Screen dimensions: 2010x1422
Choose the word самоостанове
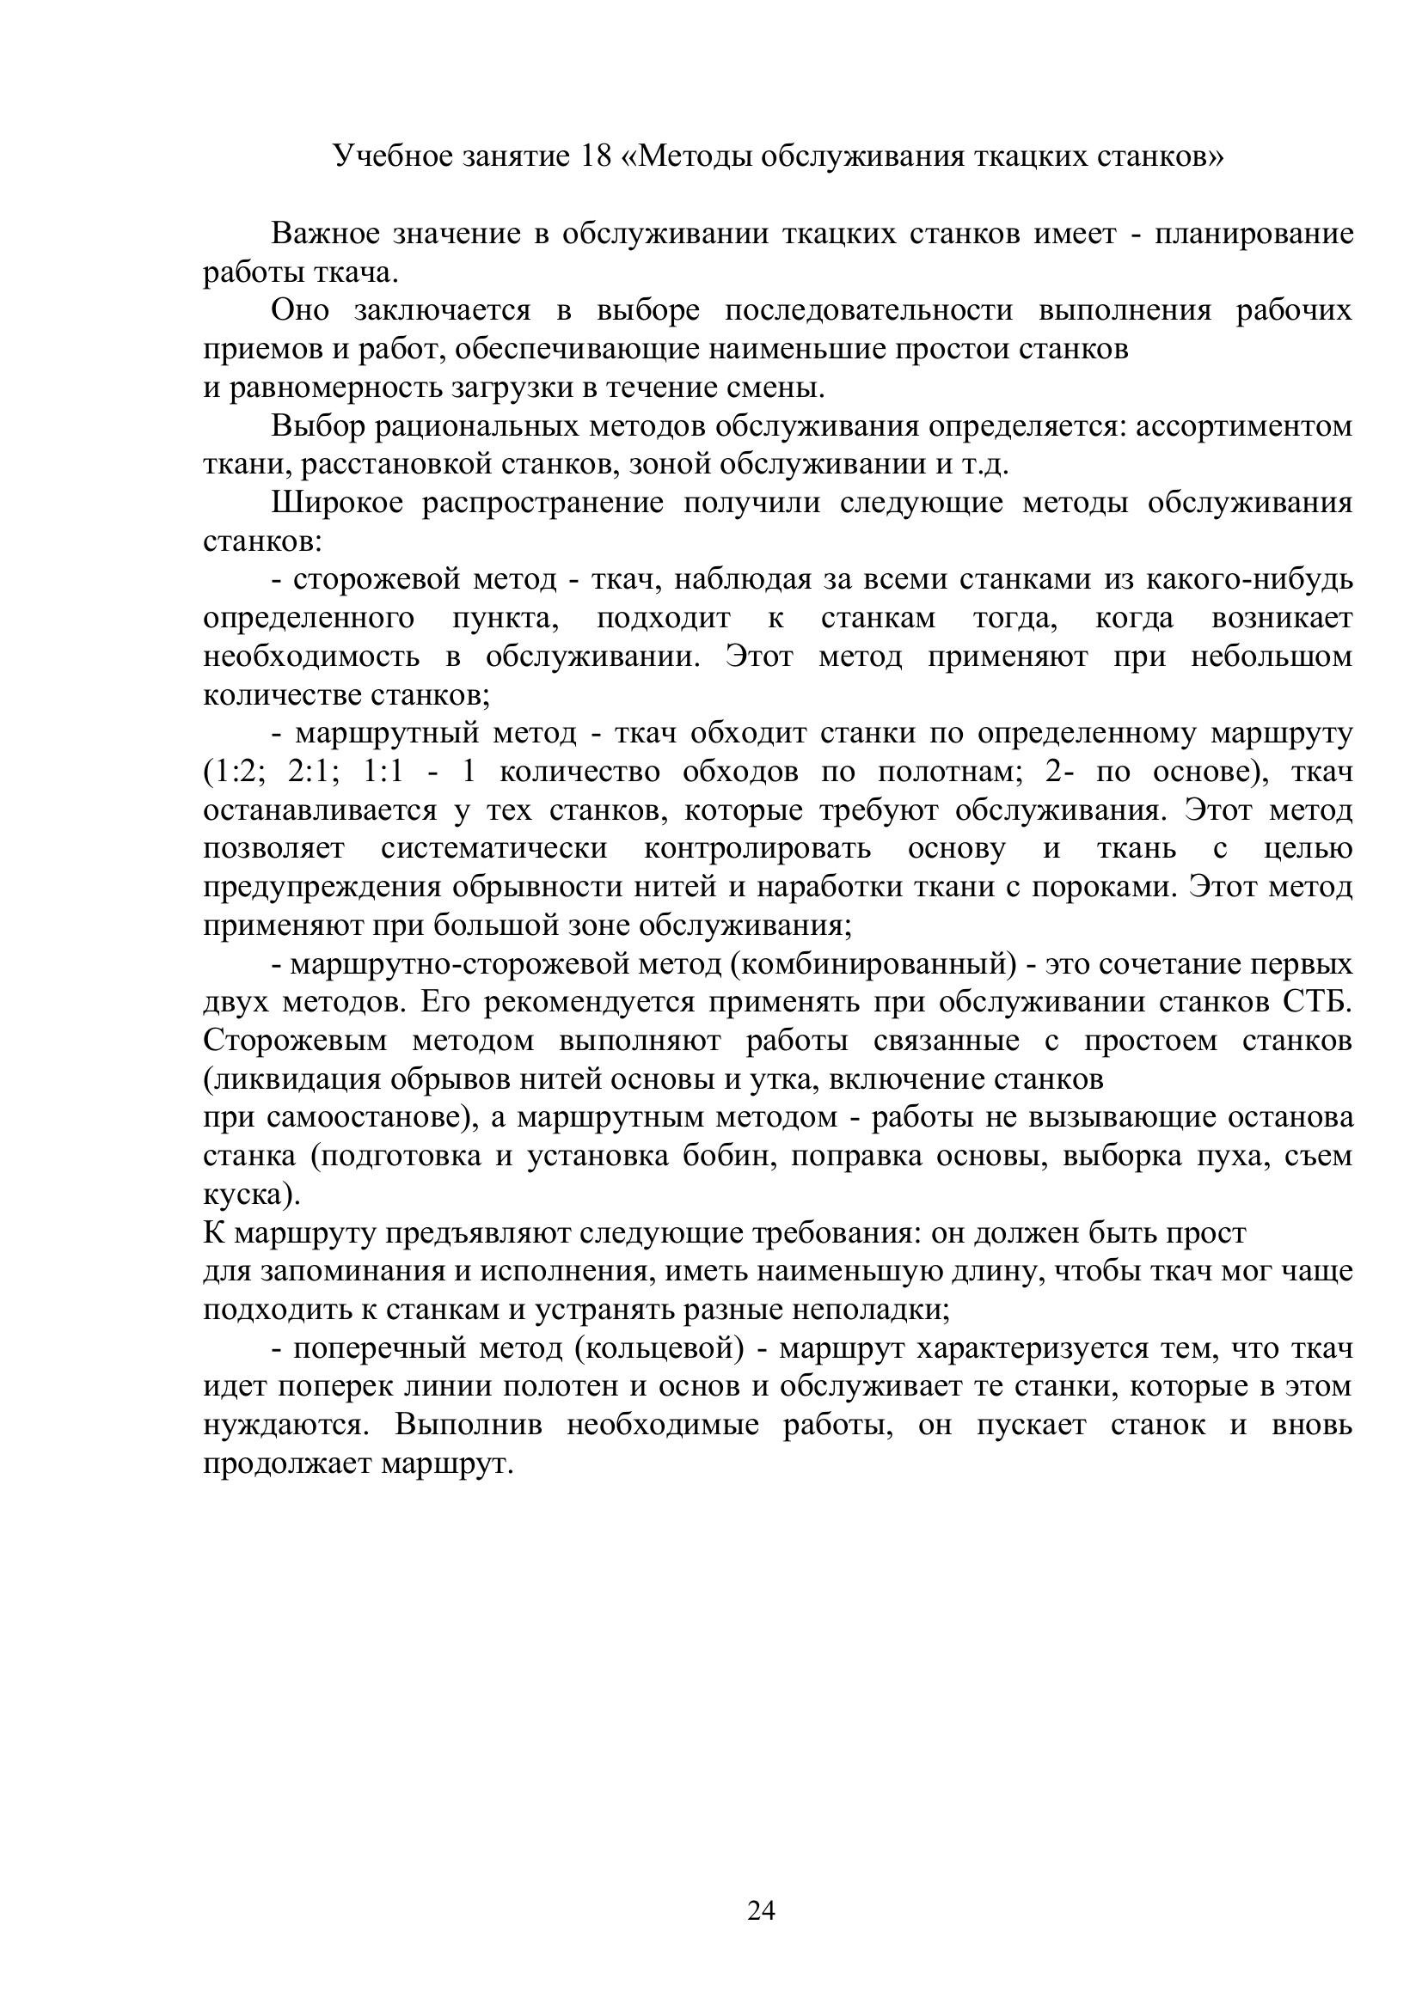[x=363, y=1118]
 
